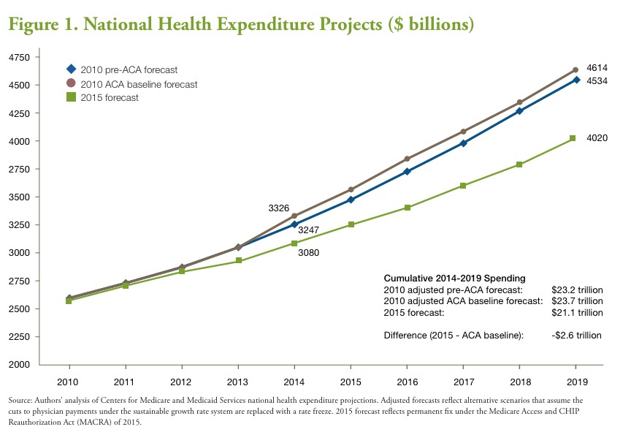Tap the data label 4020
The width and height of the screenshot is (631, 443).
click(597, 137)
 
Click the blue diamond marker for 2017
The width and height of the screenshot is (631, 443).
click(463, 143)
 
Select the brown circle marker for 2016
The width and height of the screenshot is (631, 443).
click(407, 159)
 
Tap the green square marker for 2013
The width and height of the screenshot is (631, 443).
click(238, 261)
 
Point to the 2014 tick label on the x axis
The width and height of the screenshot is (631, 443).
click(294, 381)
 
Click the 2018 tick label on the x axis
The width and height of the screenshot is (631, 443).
click(519, 381)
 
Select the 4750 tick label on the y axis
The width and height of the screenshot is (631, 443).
click(20, 57)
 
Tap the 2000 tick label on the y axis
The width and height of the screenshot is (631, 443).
click(20, 365)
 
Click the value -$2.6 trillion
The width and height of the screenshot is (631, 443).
click(577, 336)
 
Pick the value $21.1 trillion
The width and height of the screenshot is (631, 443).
click(577, 312)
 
